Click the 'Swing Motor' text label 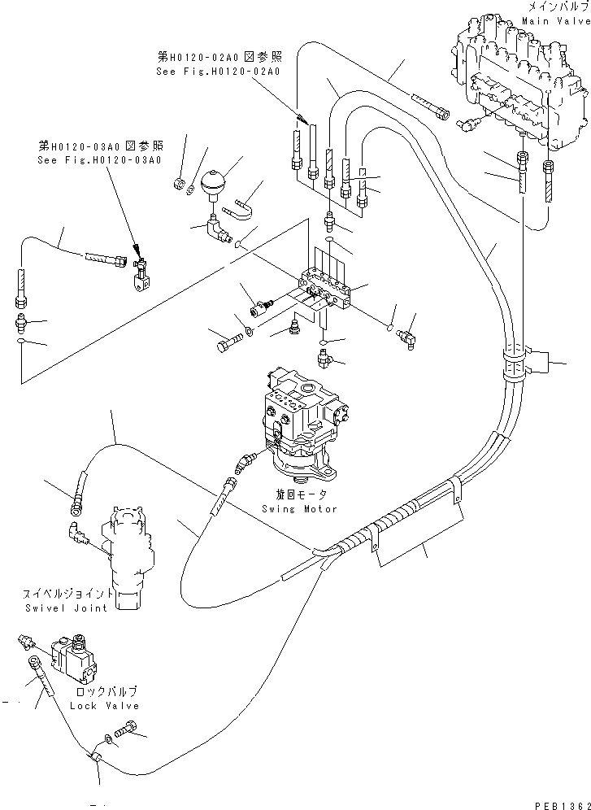299,508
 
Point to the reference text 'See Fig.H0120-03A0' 100,159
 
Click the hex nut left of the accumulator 176,185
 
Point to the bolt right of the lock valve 128,730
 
